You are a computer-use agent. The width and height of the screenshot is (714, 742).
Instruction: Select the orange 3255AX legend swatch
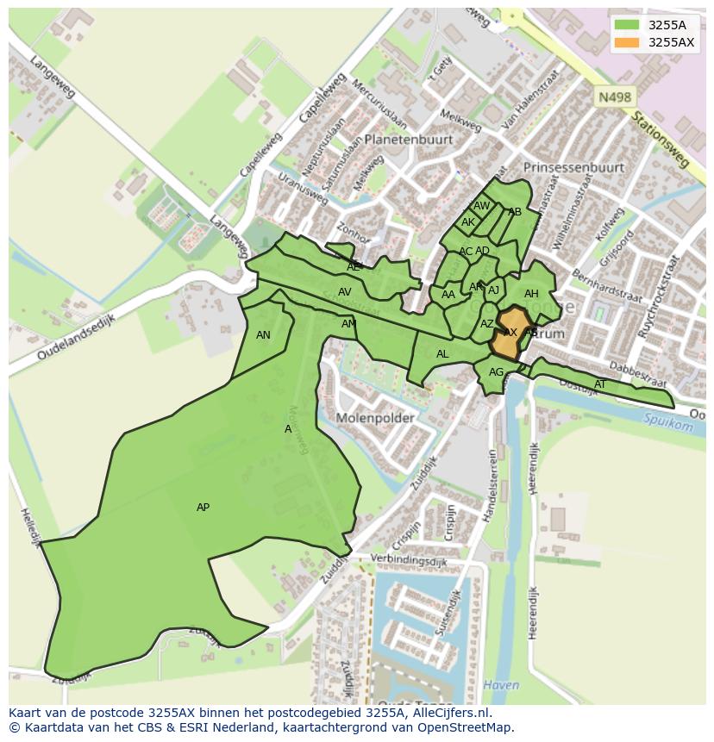[627, 42]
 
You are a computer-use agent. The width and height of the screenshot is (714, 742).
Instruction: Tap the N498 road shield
[613, 97]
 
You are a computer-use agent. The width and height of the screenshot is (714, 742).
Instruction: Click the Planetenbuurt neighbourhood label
[408, 139]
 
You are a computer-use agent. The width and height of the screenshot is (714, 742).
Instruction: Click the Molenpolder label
[375, 418]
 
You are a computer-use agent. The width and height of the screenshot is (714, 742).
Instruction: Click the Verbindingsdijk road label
[410, 560]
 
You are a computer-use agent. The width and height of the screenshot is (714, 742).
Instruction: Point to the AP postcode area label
[203, 508]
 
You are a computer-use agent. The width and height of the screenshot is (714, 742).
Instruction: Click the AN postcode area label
[263, 335]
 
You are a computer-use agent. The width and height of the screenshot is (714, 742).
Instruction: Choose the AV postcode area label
[344, 292]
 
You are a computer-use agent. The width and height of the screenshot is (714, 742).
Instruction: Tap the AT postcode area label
[600, 384]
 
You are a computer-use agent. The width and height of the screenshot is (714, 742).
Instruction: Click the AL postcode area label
[442, 354]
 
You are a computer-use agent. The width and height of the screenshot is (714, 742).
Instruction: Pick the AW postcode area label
[481, 206]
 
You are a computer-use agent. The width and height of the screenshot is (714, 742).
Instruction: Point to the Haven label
[501, 686]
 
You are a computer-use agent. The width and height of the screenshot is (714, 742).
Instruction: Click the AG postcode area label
[496, 372]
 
